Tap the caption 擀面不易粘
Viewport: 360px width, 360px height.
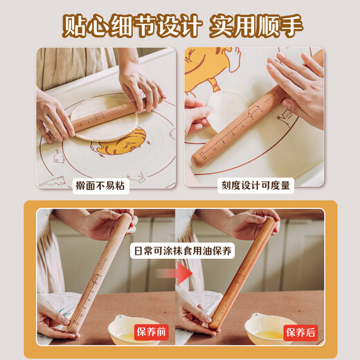pyautogui.click(x=102, y=185)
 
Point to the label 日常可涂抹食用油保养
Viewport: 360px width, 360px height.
pyautogui.click(x=180, y=251)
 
